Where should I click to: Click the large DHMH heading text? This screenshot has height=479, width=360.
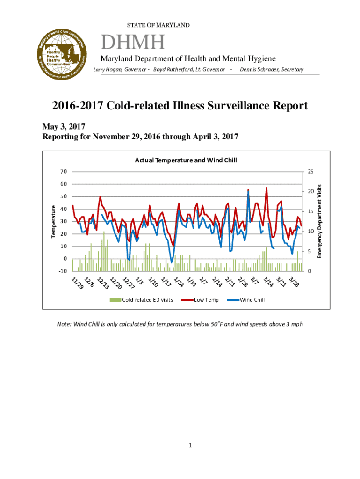133,44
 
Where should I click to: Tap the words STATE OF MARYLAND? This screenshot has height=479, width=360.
158,25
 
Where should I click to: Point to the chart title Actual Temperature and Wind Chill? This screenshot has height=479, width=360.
186,160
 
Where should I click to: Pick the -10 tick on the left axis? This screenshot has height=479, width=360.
63,271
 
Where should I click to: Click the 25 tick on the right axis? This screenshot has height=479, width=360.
310,172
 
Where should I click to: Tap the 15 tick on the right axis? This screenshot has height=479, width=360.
310,211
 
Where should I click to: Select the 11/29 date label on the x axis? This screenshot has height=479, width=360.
78,283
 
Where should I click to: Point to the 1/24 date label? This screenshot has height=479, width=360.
178,282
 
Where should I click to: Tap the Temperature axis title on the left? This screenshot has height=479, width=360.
53,220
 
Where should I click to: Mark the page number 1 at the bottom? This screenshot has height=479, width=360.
191,445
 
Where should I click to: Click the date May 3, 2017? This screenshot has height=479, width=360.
64,127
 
